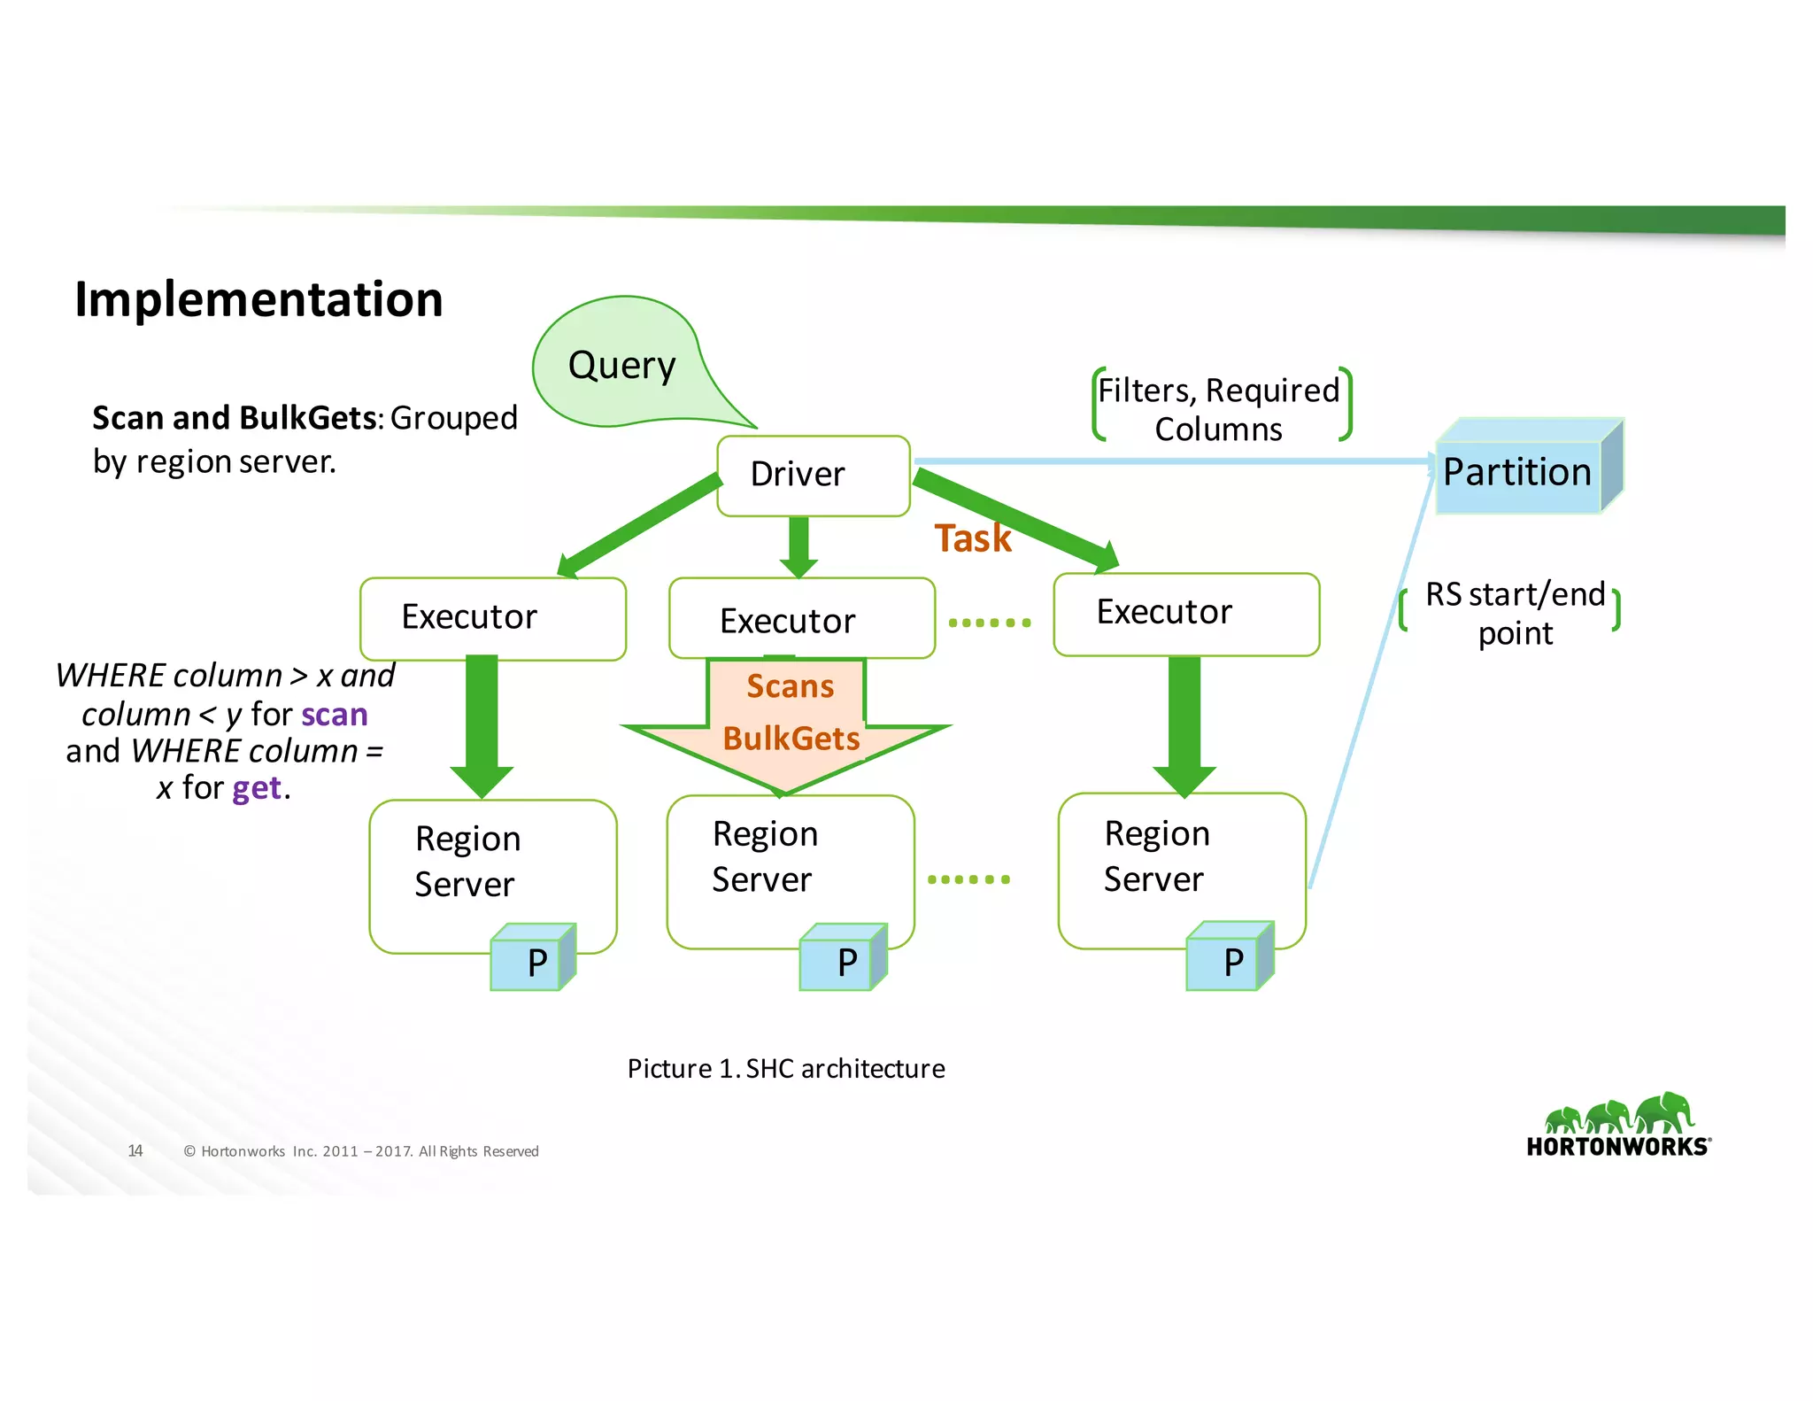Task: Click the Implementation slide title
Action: [x=258, y=299]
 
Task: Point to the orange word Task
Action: [x=972, y=538]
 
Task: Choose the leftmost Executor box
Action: [x=492, y=618]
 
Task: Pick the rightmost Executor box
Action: [x=1185, y=614]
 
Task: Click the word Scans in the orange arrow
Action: [x=790, y=686]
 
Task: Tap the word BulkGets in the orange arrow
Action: [x=791, y=739]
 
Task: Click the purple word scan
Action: [x=334, y=715]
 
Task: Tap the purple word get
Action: [x=257, y=788]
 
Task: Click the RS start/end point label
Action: [x=1514, y=613]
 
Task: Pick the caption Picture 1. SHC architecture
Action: [x=785, y=1069]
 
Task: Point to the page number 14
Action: [x=135, y=1151]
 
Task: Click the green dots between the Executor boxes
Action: [x=989, y=623]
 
